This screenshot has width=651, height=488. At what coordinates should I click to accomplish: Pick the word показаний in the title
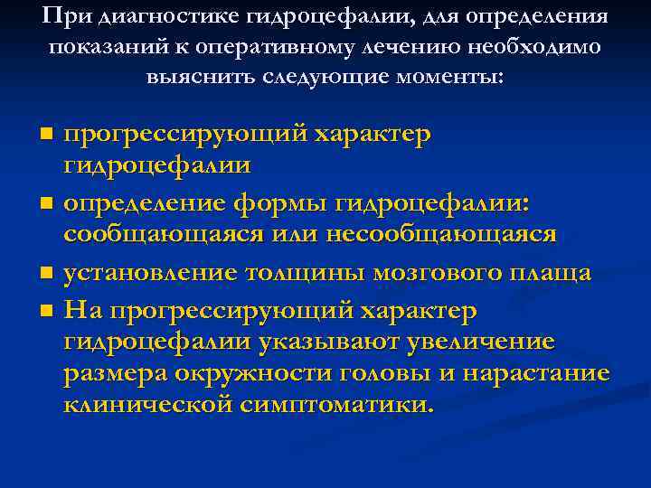pyautogui.click(x=86, y=47)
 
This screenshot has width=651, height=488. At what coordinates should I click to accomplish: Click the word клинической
pyautogui.click(x=146, y=404)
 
